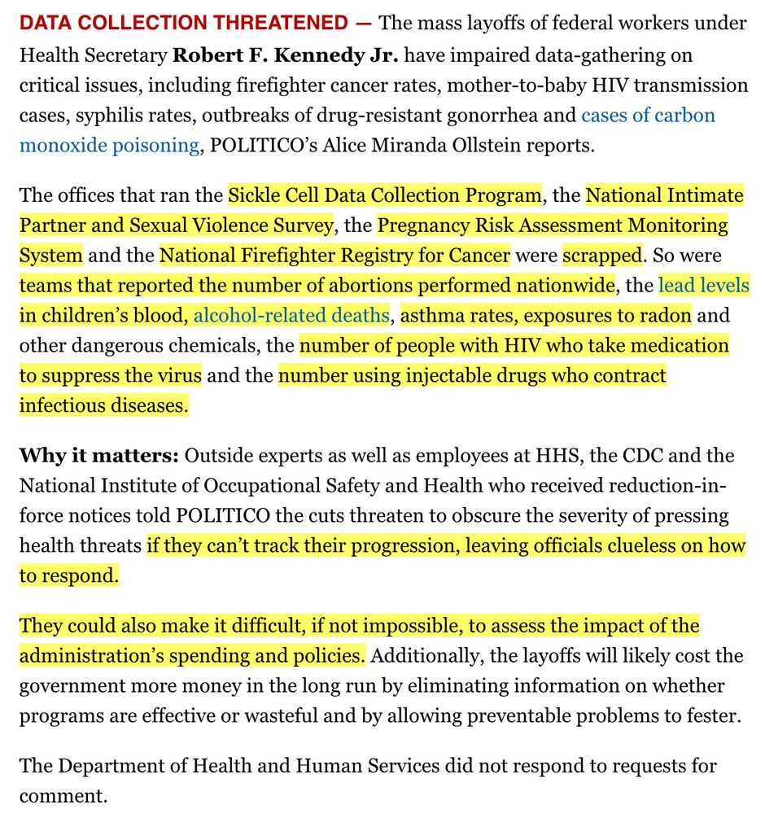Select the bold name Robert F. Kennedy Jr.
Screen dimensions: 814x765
click(x=285, y=55)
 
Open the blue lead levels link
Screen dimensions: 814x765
click(x=703, y=286)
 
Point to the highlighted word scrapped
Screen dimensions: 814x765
click(x=602, y=256)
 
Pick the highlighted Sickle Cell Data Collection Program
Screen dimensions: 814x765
click(x=384, y=195)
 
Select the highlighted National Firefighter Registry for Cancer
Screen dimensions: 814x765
click(x=334, y=256)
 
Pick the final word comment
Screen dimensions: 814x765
click(x=63, y=795)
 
